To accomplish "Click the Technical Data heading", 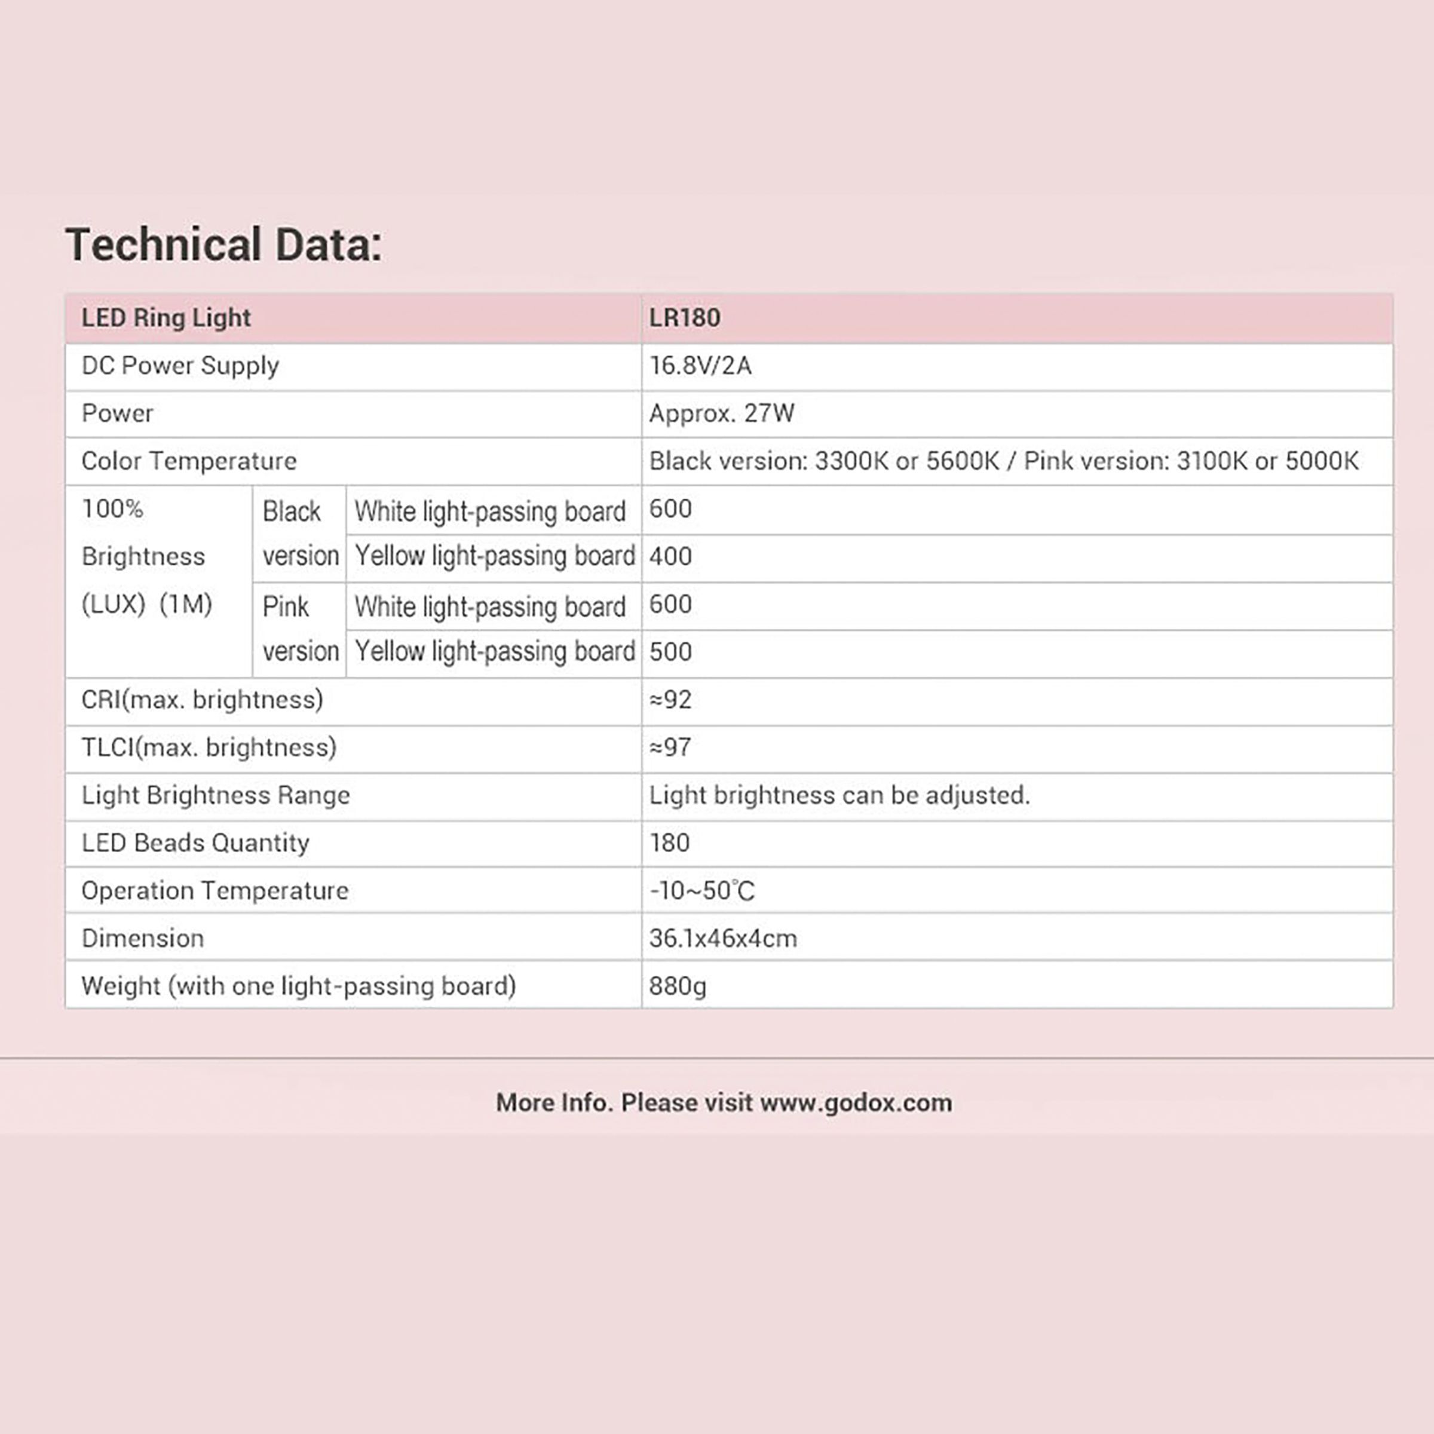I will click(223, 244).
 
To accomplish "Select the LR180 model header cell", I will click(684, 318).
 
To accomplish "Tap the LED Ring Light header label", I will click(166, 318).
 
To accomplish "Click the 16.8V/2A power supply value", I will click(700, 365).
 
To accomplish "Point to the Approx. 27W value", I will click(721, 413).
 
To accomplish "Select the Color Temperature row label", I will click(189, 461).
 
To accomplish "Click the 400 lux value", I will click(670, 556).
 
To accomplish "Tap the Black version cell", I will click(299, 533).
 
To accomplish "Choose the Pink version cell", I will click(299, 629).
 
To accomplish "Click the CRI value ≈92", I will click(670, 699).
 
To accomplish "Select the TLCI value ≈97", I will click(670, 747).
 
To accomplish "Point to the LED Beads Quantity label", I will click(195, 842).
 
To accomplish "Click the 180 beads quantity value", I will click(669, 842).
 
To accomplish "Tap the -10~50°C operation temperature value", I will click(702, 890).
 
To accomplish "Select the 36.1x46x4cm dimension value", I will click(723, 938).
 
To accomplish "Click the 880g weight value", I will click(678, 986).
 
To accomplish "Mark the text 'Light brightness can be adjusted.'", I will click(839, 795).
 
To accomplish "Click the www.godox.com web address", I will click(856, 1102).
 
